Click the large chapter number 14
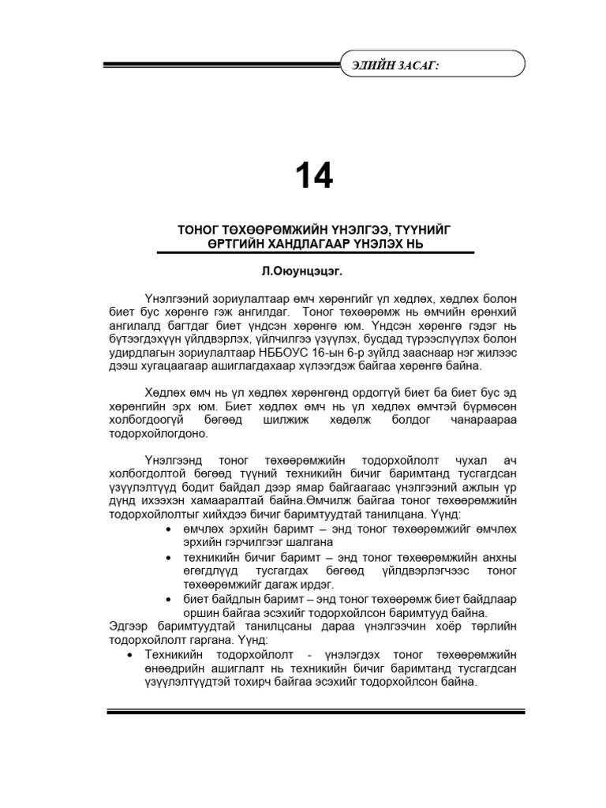[314, 176]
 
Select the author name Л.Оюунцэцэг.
[303, 270]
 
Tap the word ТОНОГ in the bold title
[198, 230]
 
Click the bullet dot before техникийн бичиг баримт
[170, 557]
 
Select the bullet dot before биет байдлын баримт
[170, 598]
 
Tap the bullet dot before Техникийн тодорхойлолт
[130, 655]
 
